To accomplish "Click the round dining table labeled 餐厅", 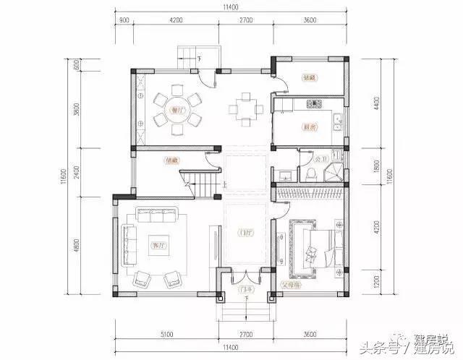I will [x=175, y=111].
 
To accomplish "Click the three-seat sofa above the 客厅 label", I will [x=156, y=215].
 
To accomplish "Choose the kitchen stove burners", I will [x=313, y=106].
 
